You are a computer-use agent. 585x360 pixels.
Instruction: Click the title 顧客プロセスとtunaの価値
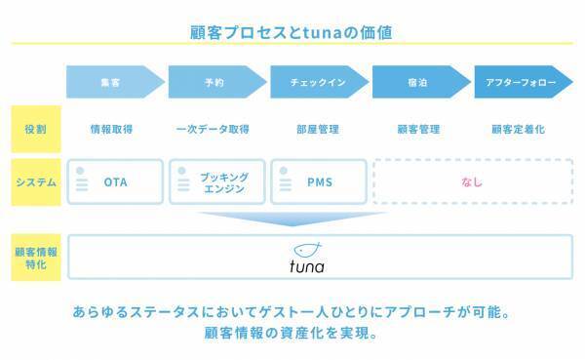point(292,32)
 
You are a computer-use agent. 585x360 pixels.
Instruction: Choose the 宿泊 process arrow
point(420,83)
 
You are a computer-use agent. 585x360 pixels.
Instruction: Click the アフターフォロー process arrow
point(523,83)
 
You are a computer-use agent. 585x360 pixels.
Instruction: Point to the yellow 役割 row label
point(36,129)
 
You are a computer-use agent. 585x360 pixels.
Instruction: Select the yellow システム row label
point(36,182)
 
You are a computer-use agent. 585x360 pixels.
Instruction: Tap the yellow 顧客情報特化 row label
point(36,258)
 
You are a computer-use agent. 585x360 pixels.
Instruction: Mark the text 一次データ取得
point(214,129)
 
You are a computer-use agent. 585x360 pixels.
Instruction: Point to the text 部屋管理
point(316,129)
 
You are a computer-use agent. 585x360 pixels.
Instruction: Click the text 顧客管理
point(418,129)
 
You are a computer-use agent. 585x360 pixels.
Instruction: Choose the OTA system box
point(115,182)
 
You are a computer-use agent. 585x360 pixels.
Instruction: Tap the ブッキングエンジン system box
point(216,182)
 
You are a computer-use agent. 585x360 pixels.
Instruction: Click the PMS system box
point(318,182)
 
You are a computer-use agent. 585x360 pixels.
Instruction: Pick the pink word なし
point(472,182)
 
